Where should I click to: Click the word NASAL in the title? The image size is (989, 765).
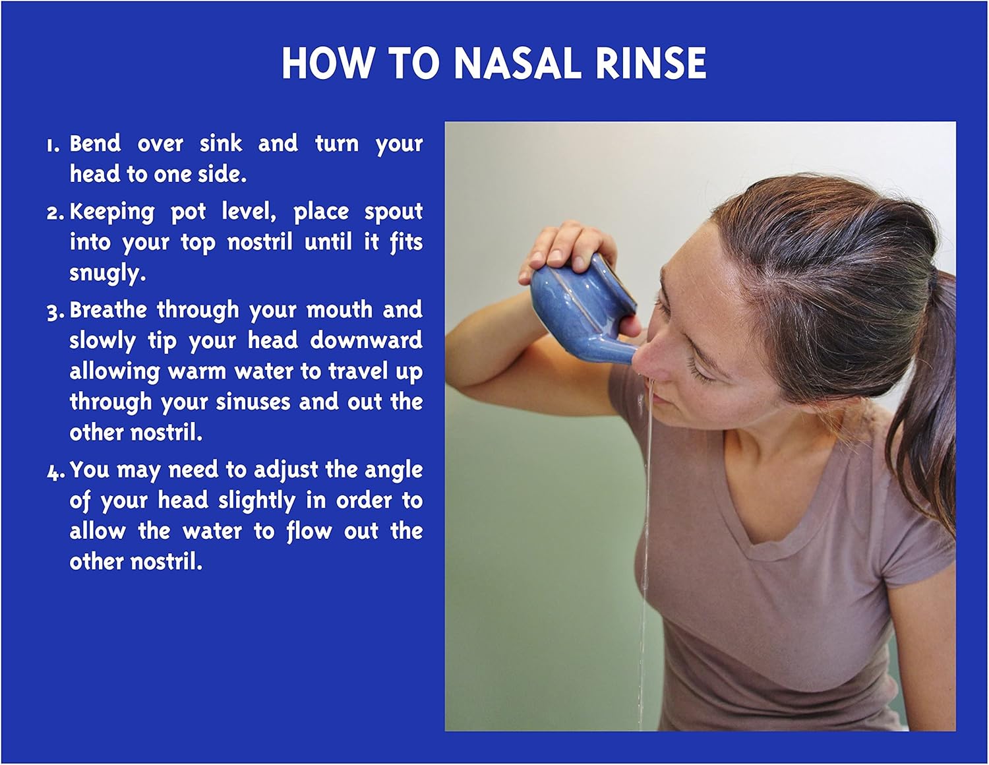click(518, 64)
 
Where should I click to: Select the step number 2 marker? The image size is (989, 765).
click(55, 213)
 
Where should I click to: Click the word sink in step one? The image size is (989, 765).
click(221, 143)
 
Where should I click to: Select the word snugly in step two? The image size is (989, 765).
click(107, 273)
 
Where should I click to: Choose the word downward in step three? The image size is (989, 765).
click(366, 340)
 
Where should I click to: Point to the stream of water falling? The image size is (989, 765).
click(647, 528)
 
